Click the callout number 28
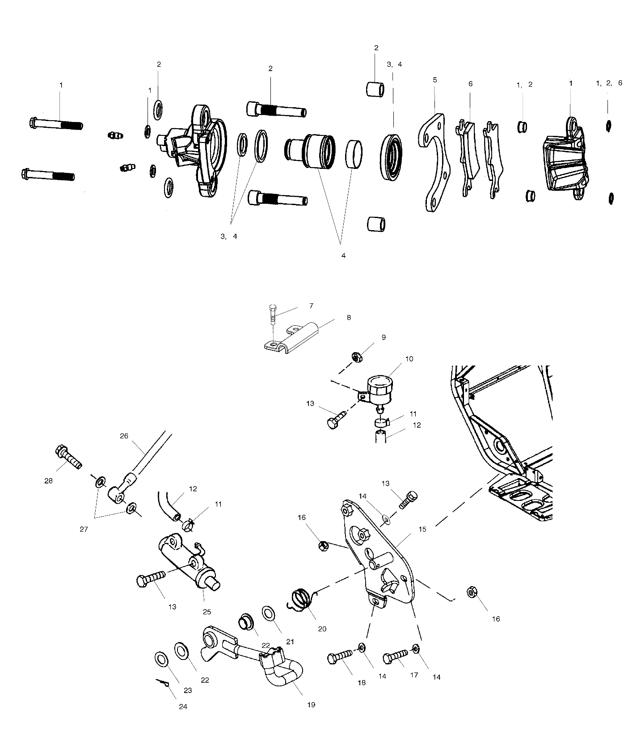[x=48, y=481]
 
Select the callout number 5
[x=435, y=80]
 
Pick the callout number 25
[x=207, y=612]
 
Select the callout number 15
[x=422, y=529]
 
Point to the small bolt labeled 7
[x=274, y=317]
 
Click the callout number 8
[x=349, y=318]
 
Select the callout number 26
[x=124, y=435]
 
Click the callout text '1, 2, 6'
[x=609, y=83]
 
